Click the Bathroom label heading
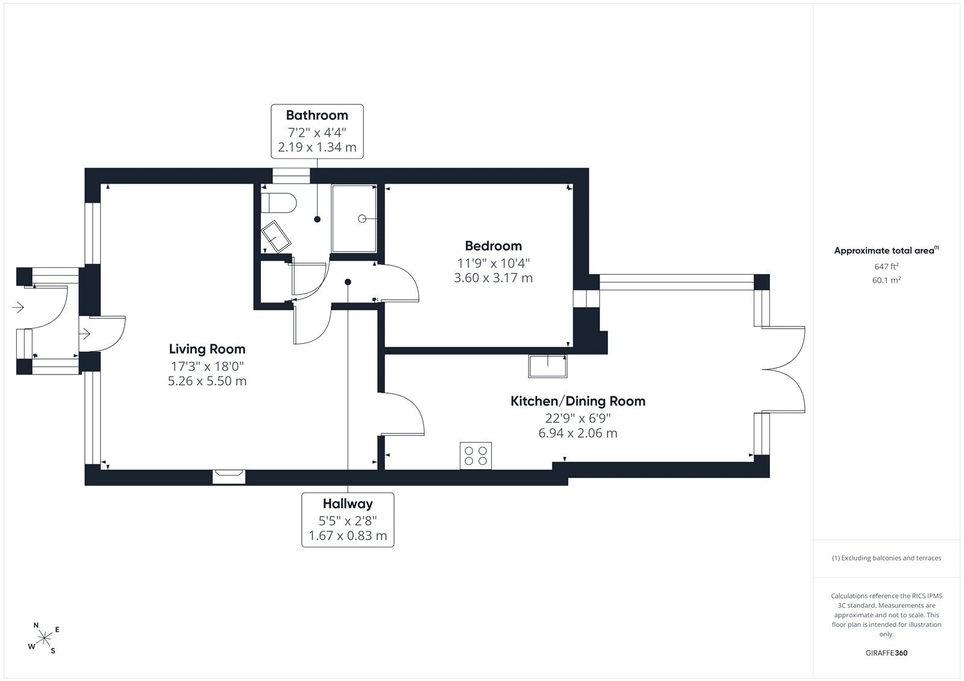[x=317, y=115]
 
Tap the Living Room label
[x=207, y=349]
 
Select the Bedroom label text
[x=493, y=246]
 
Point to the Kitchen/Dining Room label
[x=578, y=401]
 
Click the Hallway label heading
[x=348, y=504]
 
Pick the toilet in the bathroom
[x=279, y=203]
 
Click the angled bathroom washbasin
[x=276, y=236]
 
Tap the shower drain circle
[x=362, y=219]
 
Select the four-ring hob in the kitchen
[x=475, y=456]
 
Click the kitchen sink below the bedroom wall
[x=548, y=366]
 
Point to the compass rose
[x=44, y=638]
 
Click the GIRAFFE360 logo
[x=886, y=653]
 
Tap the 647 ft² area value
[x=886, y=266]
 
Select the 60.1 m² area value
[x=886, y=280]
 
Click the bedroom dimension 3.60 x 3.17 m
[x=493, y=278]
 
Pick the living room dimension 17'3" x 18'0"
[x=207, y=367]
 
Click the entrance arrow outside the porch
[x=18, y=307]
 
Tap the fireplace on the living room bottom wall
[x=229, y=477]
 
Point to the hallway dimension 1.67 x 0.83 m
[x=348, y=536]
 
